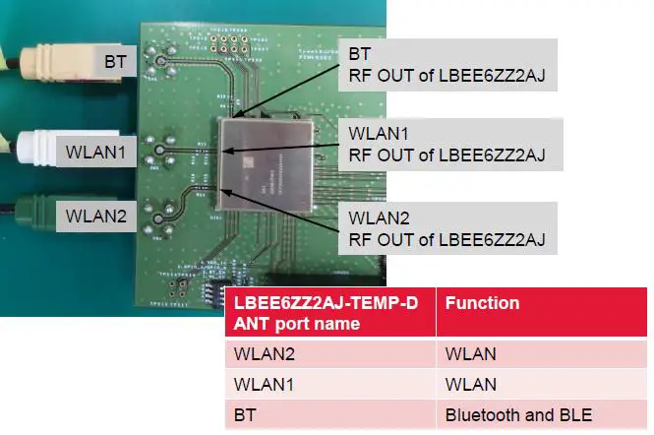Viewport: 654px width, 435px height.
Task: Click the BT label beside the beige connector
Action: pyautogui.click(x=115, y=62)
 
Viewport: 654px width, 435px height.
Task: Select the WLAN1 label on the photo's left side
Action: pyautogui.click(x=96, y=153)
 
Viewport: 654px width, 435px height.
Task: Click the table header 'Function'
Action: pyautogui.click(x=482, y=303)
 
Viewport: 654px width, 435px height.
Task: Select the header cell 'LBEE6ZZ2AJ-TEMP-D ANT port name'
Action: pyautogui.click(x=329, y=312)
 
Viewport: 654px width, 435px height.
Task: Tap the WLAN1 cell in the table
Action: pyautogui.click(x=329, y=385)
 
